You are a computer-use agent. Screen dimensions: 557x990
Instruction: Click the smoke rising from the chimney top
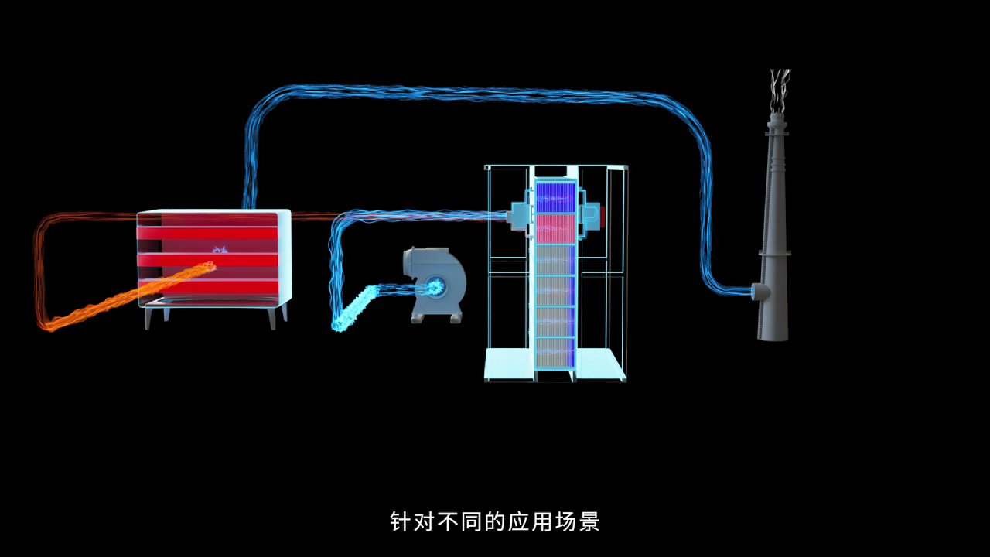click(x=780, y=85)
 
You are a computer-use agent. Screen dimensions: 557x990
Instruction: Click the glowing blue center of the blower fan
click(x=434, y=287)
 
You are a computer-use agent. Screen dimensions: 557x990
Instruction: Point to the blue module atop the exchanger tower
click(x=555, y=196)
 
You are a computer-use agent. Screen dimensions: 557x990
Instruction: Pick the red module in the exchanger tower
click(x=555, y=229)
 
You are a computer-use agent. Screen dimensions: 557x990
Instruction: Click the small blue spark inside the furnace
click(x=220, y=249)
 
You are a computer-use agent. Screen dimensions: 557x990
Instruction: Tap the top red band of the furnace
click(x=207, y=233)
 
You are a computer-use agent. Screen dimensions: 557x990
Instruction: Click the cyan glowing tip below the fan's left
click(x=338, y=326)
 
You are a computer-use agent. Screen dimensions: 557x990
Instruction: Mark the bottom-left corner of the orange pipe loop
click(x=43, y=325)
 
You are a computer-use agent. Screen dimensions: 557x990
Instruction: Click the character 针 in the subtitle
click(x=400, y=521)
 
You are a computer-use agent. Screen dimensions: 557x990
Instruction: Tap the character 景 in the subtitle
click(x=590, y=521)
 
